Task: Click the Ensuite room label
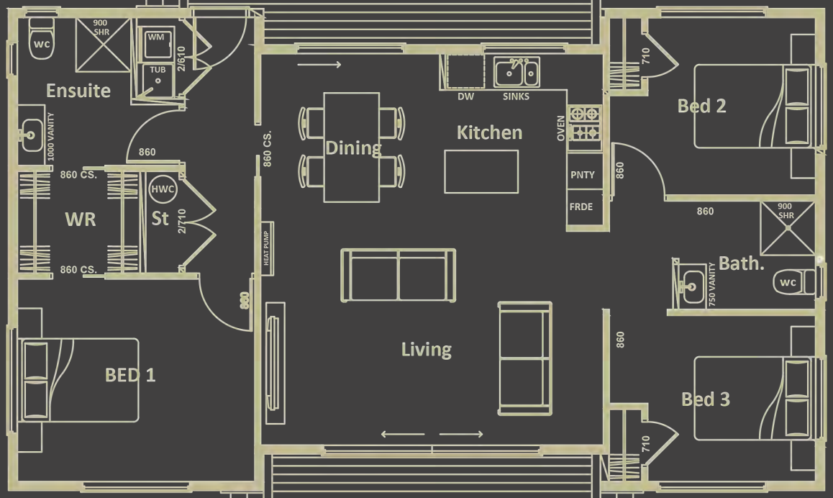click(x=78, y=91)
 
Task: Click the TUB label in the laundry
click(x=158, y=70)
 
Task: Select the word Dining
click(x=353, y=148)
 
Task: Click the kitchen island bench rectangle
click(x=481, y=171)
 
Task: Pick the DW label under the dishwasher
click(x=465, y=96)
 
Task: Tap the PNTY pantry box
click(x=582, y=175)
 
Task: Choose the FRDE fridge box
click(x=581, y=207)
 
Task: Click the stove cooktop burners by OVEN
click(x=584, y=122)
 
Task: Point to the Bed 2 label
click(x=701, y=107)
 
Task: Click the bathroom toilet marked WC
click(x=789, y=282)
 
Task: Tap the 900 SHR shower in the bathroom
click(x=788, y=229)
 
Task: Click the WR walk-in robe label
click(x=81, y=219)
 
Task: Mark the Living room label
click(x=427, y=350)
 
